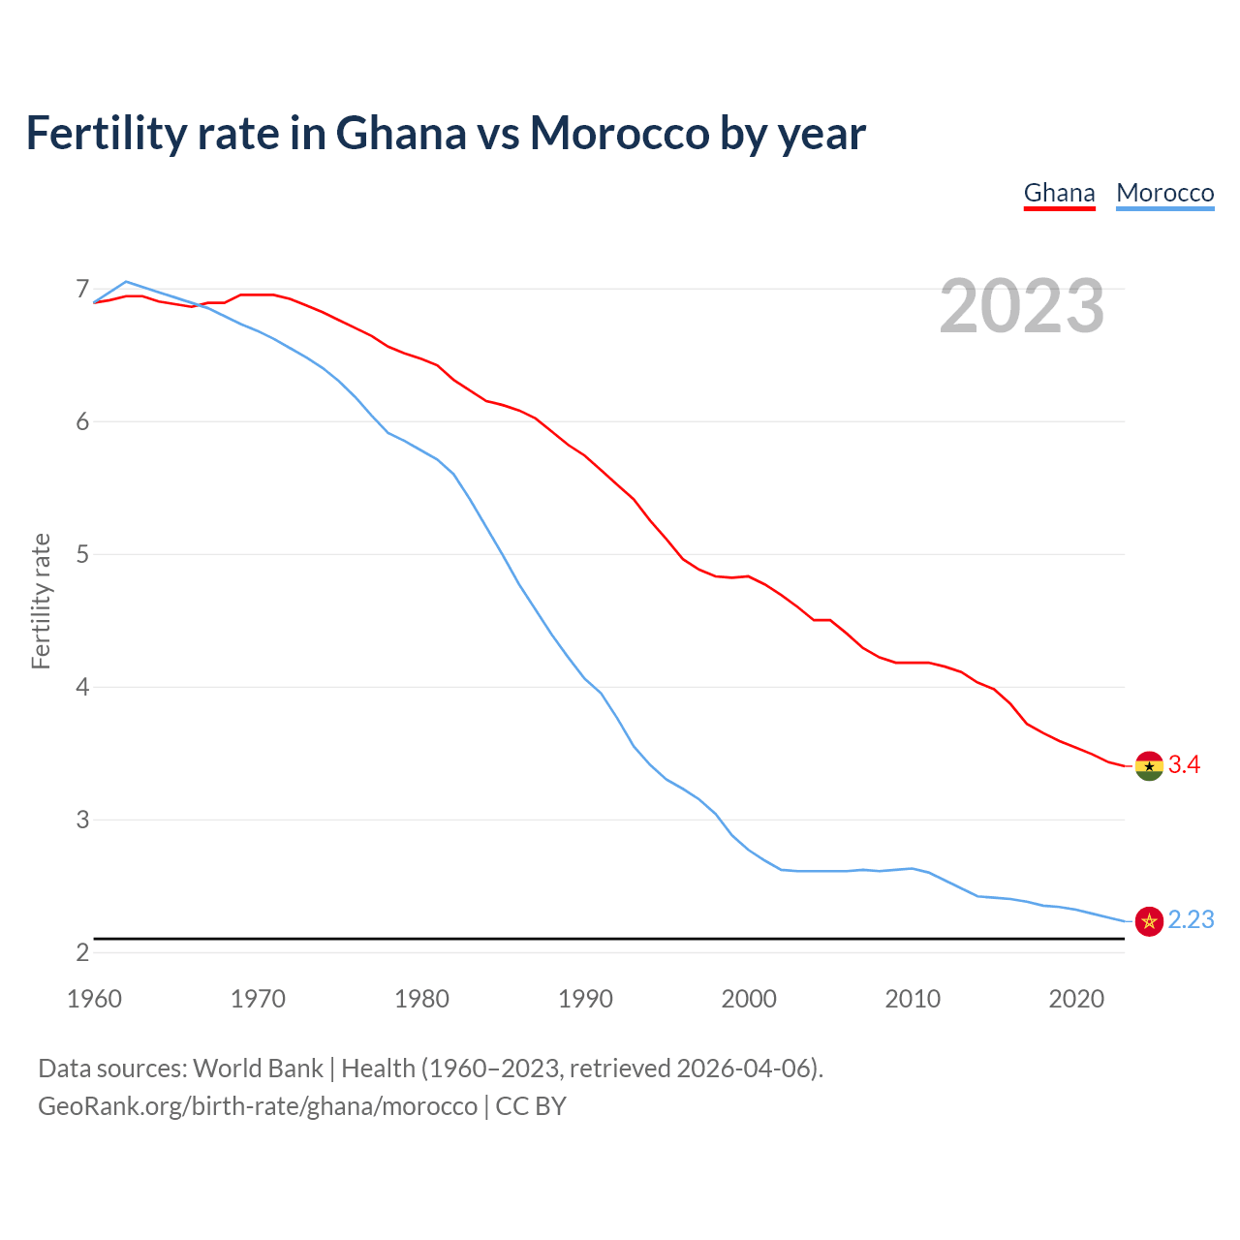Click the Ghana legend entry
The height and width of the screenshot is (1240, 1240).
1059,193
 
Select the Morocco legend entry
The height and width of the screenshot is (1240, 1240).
1164,193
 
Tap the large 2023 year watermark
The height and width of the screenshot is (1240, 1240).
1021,306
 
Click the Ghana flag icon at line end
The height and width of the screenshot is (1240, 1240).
1148,765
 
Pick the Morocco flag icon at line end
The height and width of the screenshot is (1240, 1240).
1148,920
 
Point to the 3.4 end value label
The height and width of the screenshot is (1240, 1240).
1184,765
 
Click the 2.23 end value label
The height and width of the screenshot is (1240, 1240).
1191,920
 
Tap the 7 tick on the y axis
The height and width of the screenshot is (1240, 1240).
82,289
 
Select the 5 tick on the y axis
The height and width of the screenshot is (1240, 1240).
82,554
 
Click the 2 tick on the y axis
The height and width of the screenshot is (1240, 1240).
82,952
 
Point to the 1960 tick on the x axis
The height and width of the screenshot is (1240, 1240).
94,999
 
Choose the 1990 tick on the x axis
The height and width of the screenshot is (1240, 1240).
585,999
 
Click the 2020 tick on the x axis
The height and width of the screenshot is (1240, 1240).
1076,999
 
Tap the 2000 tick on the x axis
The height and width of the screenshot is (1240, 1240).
749,999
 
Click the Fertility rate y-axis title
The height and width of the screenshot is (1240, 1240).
41,601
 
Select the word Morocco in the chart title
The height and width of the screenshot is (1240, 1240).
619,133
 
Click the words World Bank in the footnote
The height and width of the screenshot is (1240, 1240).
258,1069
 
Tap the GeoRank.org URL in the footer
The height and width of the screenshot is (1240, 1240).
258,1106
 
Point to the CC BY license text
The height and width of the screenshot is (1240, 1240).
531,1106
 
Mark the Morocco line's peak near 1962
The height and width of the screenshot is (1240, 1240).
126,282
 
